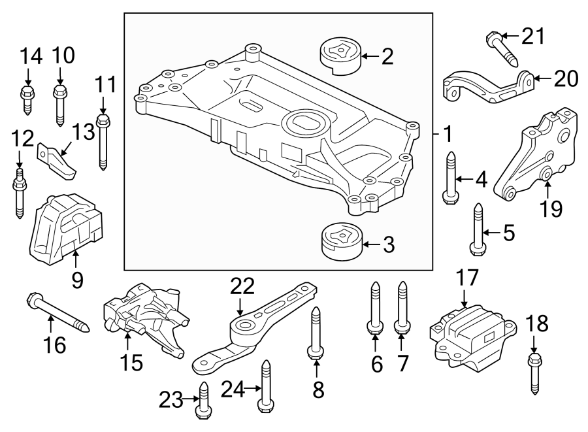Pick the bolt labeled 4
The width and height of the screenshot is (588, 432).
point(450,178)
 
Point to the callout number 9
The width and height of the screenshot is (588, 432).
point(77,280)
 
